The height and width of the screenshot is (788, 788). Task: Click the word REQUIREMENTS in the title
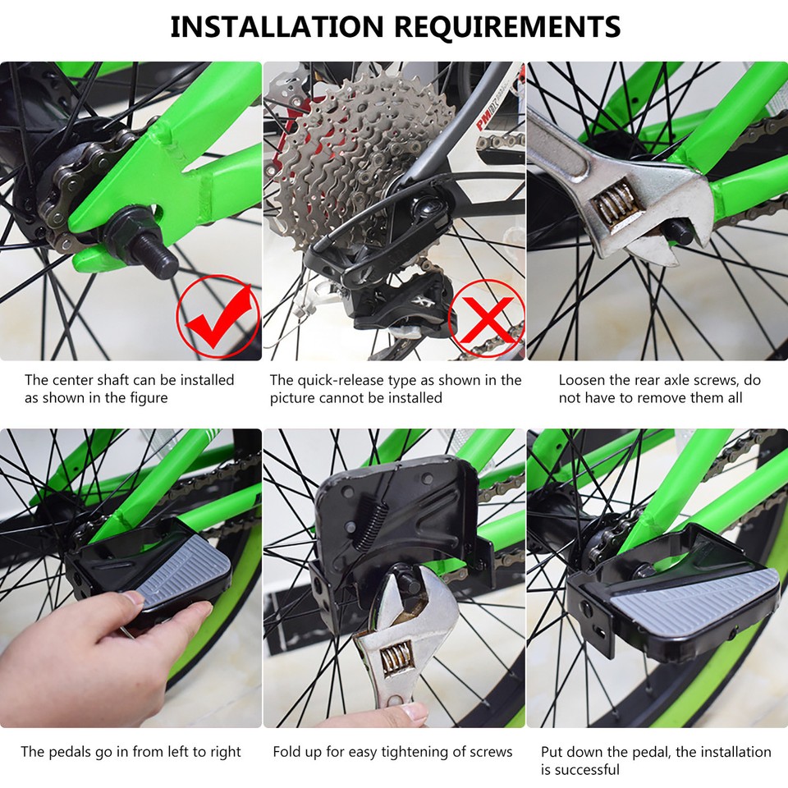(x=506, y=27)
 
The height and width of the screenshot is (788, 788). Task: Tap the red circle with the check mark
(x=218, y=317)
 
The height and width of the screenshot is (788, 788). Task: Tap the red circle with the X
(x=486, y=318)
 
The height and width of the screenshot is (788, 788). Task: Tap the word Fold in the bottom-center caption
(x=286, y=751)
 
